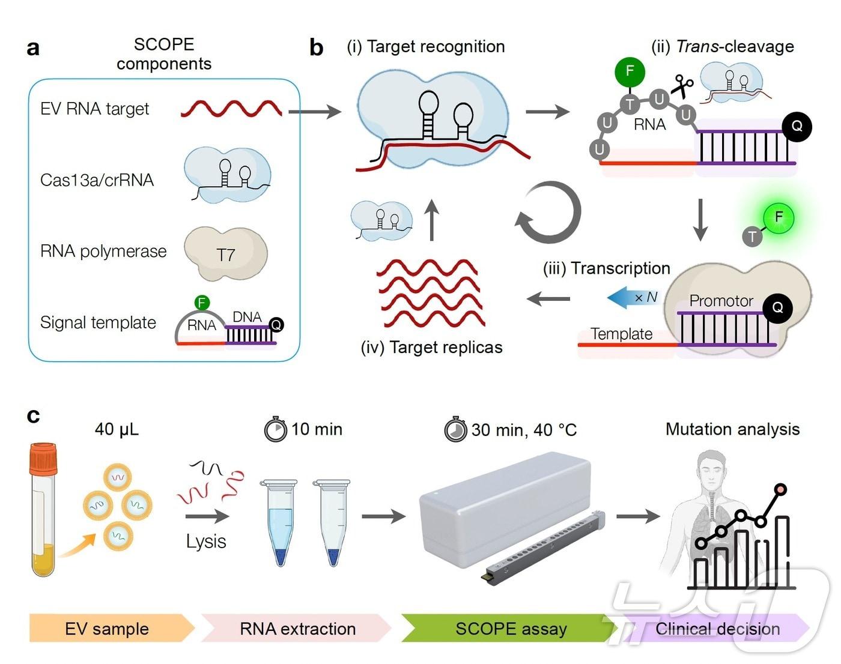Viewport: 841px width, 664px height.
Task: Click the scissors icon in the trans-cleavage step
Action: [681, 86]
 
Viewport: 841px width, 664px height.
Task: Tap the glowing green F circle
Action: [779, 217]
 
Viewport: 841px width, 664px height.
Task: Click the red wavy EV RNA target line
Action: [231, 109]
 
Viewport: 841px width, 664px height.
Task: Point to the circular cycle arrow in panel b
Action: [548, 213]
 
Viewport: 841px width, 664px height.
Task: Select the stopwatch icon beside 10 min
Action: [276, 429]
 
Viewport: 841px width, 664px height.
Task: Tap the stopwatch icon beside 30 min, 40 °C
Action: [455, 430]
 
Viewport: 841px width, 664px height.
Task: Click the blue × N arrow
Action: [634, 297]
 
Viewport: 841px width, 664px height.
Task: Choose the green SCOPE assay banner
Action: [511, 629]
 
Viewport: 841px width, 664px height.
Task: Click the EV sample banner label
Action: [107, 629]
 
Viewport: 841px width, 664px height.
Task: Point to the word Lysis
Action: [206, 541]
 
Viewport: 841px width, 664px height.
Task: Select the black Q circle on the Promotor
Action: [777, 308]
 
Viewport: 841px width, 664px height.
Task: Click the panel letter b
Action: [317, 47]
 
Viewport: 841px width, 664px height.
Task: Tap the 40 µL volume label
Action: [117, 429]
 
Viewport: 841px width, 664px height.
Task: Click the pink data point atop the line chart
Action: [781, 489]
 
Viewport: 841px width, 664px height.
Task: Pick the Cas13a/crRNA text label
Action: [97, 180]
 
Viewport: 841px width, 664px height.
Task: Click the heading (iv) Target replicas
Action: [431, 347]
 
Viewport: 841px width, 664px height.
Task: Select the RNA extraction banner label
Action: [297, 629]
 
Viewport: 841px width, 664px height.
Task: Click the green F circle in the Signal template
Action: [202, 303]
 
